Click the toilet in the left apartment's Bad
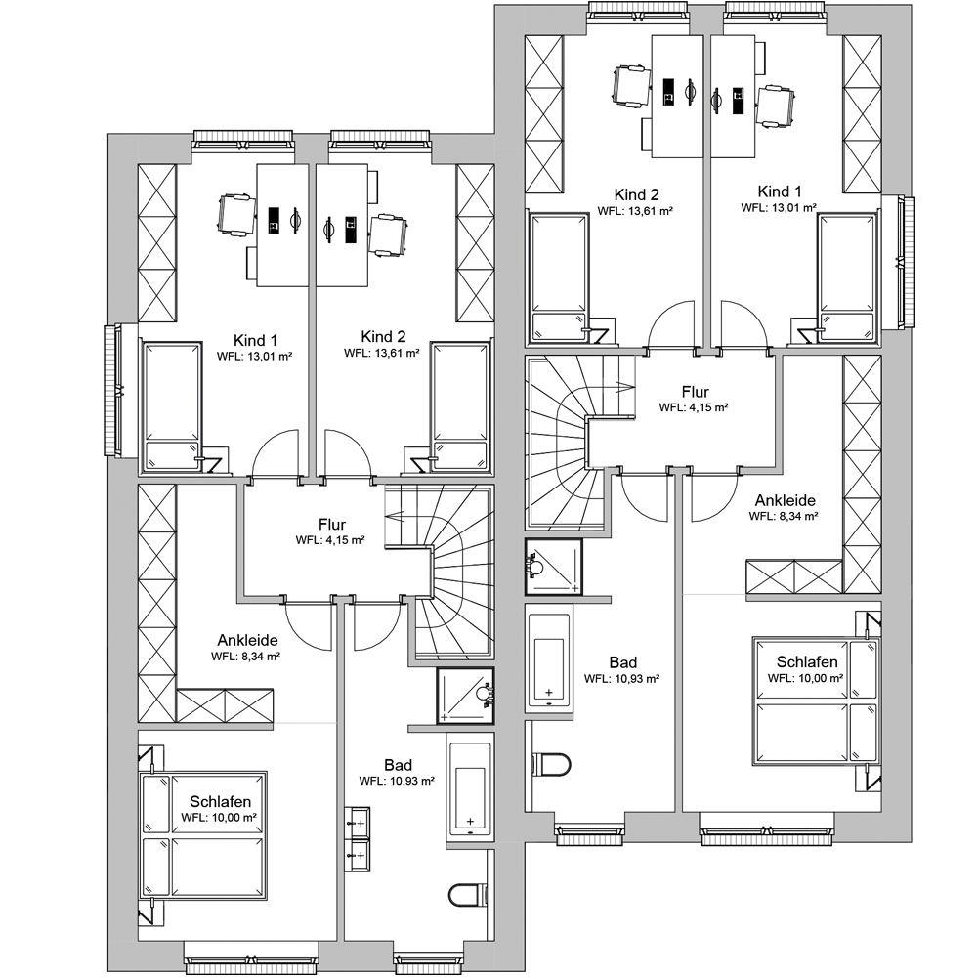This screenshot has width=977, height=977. click(467, 895)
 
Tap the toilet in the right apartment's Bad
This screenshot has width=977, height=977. click(551, 765)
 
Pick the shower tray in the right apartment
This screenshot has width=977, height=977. click(554, 567)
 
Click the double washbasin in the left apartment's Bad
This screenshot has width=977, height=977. click(357, 839)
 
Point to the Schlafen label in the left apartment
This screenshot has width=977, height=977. click(220, 801)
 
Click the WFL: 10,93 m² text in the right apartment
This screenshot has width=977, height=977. click(621, 679)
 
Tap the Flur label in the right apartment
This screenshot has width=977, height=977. click(696, 392)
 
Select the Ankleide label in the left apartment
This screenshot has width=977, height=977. click(247, 640)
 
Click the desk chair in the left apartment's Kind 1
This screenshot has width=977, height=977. click(236, 216)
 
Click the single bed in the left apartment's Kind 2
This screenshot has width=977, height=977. click(461, 405)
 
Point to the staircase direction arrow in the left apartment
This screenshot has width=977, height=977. click(395, 517)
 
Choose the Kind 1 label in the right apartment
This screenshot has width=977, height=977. click(780, 191)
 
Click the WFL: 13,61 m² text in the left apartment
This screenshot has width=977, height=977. click(382, 353)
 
